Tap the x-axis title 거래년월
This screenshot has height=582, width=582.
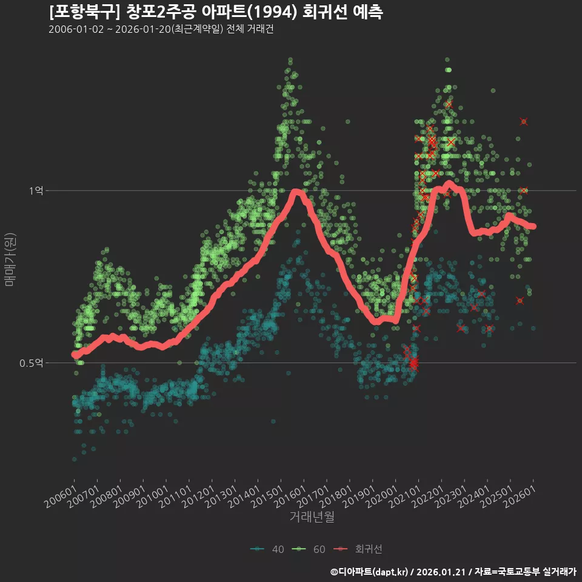[x=312, y=517]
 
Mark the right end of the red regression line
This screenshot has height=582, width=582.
[x=533, y=226]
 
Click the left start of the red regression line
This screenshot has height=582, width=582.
[x=74, y=355]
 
